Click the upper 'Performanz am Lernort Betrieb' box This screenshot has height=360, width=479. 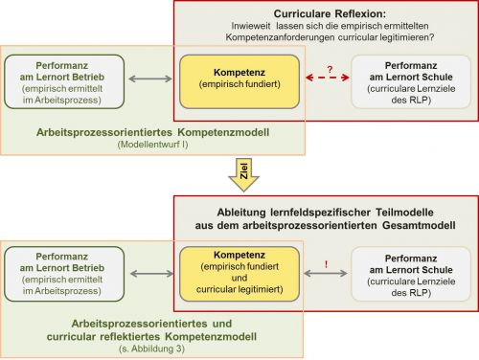[x=63, y=81]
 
